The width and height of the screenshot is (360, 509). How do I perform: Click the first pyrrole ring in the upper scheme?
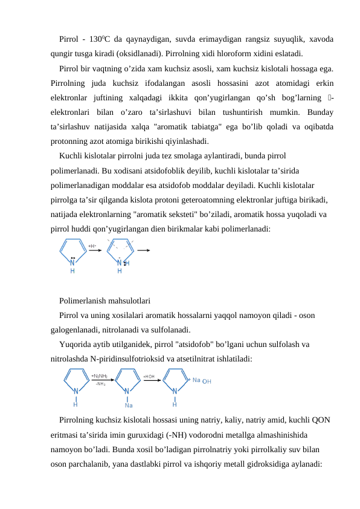coord(72,254)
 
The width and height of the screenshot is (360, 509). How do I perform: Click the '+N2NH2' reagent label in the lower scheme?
coord(100,376)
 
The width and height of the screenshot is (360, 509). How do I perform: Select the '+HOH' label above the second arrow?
coord(149,376)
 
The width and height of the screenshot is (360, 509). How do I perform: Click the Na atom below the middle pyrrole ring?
coord(129,405)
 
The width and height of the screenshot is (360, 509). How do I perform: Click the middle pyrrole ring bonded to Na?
coord(127,382)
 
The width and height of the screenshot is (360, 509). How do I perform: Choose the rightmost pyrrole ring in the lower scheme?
coord(175,382)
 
